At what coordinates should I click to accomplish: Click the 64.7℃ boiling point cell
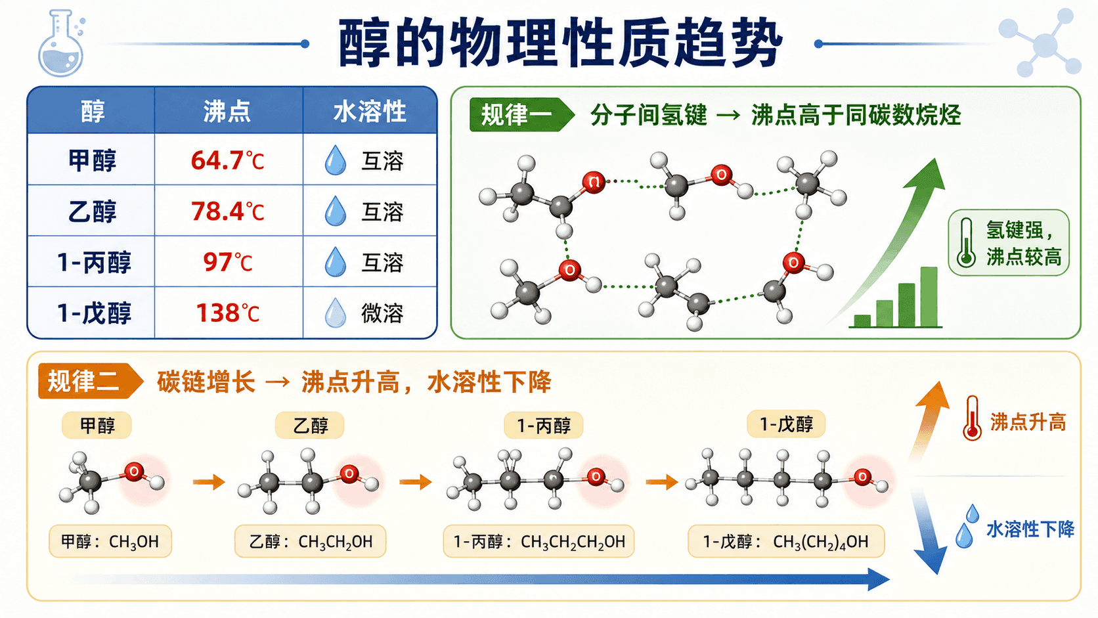(x=227, y=160)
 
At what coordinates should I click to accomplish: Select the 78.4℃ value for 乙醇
(x=227, y=211)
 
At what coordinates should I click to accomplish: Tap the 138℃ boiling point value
(x=227, y=313)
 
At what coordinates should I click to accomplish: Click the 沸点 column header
(x=227, y=111)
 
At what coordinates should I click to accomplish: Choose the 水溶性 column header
(x=370, y=111)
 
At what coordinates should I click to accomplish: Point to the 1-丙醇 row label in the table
(x=94, y=262)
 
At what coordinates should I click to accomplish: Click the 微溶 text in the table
(x=382, y=313)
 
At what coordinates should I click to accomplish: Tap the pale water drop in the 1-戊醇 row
(x=336, y=313)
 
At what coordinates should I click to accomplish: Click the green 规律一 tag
(x=521, y=115)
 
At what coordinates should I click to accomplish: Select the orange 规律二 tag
(x=91, y=381)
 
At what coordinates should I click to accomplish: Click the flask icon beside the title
(x=61, y=43)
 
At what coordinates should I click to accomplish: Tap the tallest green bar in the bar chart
(x=929, y=296)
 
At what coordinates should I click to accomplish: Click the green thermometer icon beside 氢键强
(x=966, y=242)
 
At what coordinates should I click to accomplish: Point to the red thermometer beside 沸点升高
(x=971, y=418)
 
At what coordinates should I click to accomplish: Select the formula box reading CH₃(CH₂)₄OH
(x=786, y=542)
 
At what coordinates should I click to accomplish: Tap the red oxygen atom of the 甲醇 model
(x=134, y=472)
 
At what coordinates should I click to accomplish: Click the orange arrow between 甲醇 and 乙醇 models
(x=209, y=482)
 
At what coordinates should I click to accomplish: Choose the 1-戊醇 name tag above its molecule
(x=786, y=424)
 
